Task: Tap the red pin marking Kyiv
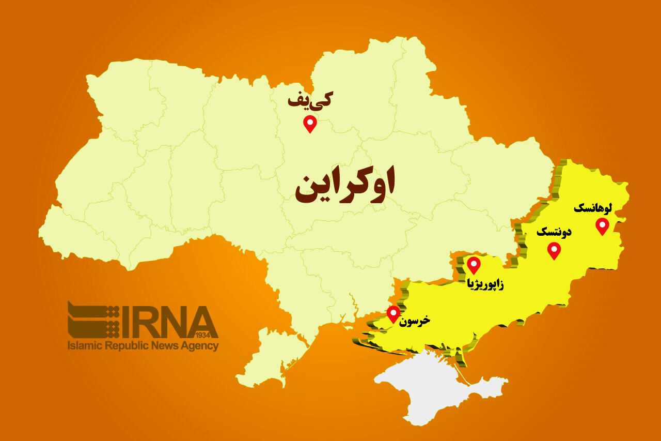click(x=310, y=123)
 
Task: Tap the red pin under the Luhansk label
click(x=602, y=225)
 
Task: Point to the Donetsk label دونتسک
click(x=554, y=232)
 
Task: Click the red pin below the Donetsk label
click(x=554, y=250)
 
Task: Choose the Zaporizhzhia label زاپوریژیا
click(x=485, y=284)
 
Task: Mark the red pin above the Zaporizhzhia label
click(x=474, y=264)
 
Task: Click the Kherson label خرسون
click(x=415, y=321)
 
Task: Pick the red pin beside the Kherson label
click(x=394, y=313)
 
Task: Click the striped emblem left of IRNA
click(x=93, y=320)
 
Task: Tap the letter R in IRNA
click(x=146, y=321)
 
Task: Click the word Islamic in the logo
click(x=85, y=346)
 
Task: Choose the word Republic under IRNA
click(x=127, y=346)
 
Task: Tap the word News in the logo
click(x=164, y=346)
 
